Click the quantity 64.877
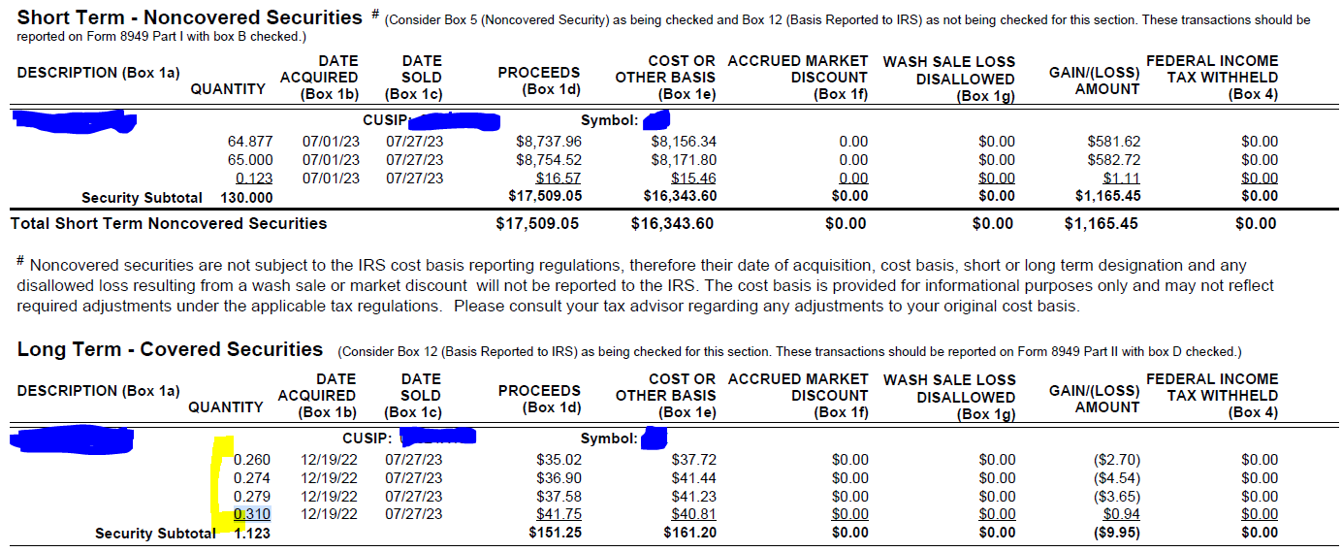coord(250,142)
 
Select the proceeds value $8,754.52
coord(549,160)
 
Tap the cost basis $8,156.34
coord(684,142)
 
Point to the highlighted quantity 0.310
coord(252,514)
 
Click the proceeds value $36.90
coord(559,478)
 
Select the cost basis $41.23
coord(693,496)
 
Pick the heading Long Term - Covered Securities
coord(170,349)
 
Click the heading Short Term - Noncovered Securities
coord(189,17)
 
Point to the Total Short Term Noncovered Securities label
coord(169,224)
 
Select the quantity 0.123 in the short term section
coord(254,179)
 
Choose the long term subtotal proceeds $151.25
coord(555,533)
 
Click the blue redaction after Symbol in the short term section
coord(657,121)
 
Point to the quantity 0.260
coord(252,460)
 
